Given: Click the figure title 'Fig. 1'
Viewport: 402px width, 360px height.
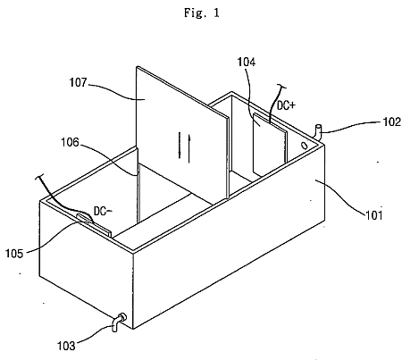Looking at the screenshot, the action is (202, 13).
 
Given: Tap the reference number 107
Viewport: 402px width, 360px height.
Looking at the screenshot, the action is (78, 82).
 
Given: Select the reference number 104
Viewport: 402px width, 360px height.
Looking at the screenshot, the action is (247, 62).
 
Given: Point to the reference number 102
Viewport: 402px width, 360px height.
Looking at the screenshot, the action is (391, 121).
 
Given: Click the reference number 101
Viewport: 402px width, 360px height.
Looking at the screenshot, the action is (373, 214).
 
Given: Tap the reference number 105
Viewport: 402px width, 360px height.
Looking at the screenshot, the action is (14, 254).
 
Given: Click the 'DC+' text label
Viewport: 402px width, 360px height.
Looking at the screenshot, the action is (286, 105).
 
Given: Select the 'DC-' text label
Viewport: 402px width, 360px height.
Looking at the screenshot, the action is (103, 211).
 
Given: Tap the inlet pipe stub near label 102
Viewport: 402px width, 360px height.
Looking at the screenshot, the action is (319, 132).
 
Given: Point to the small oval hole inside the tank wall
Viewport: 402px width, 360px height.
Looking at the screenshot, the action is (305, 146).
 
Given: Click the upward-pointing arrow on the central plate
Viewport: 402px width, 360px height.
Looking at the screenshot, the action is (189, 148).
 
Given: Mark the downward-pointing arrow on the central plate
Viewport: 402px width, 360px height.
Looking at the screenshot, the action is (180, 145).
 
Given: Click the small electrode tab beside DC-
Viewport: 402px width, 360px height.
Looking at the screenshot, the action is (94, 225).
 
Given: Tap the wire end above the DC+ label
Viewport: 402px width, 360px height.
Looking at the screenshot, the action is (281, 86).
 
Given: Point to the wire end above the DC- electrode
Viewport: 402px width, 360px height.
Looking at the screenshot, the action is (40, 177).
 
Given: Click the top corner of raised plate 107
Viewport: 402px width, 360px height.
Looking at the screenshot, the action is (137, 66).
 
